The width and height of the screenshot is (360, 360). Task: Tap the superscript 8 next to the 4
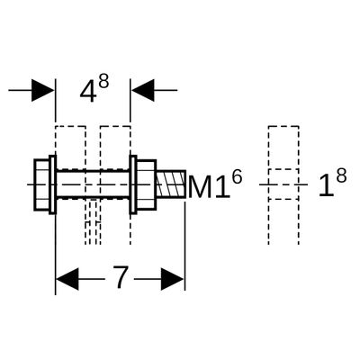(x=103, y=81)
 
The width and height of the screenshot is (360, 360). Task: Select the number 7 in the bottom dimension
(x=121, y=277)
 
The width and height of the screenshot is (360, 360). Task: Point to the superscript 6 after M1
(x=237, y=178)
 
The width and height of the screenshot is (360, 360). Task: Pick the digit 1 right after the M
(x=221, y=187)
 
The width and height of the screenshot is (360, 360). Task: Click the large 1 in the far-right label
(x=326, y=185)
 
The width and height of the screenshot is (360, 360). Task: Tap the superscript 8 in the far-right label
(x=341, y=176)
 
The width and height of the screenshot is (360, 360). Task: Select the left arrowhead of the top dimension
(x=43, y=90)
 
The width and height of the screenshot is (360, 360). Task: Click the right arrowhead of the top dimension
(x=143, y=90)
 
